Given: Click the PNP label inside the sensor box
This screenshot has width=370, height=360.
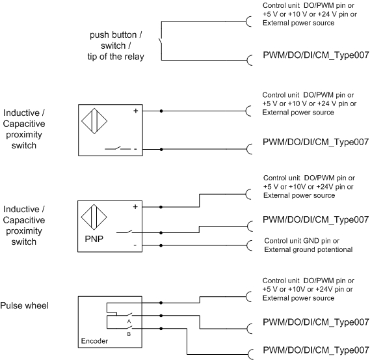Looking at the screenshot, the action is [x=94, y=239].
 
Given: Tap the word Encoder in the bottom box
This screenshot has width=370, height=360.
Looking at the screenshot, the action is [x=94, y=341].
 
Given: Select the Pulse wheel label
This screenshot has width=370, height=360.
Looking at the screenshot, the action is [x=24, y=305].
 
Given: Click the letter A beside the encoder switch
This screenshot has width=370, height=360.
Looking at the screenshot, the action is [x=129, y=321].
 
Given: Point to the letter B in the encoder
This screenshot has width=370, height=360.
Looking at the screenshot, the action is [x=129, y=334].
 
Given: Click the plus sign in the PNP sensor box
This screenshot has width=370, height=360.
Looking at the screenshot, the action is [x=135, y=207].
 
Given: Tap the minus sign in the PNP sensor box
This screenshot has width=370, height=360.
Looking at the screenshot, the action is [x=135, y=245].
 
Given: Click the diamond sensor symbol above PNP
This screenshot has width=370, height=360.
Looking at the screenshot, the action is [x=94, y=217].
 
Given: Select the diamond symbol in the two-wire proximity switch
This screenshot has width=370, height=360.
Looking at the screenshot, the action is [x=94, y=121].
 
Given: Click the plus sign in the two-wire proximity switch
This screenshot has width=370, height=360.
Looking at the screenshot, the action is [x=136, y=111].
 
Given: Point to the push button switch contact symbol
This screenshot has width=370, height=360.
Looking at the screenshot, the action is [x=161, y=42].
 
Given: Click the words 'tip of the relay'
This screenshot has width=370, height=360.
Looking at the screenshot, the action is [x=116, y=57].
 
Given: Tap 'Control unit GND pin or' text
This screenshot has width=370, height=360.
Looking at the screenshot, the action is [x=302, y=241].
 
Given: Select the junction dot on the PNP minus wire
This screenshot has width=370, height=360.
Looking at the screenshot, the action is [x=161, y=245].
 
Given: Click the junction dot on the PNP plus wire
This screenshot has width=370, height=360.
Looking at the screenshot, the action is [x=161, y=207].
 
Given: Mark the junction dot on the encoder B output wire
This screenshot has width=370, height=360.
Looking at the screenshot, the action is [x=161, y=328].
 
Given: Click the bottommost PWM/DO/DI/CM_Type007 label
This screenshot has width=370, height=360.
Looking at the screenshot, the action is [x=316, y=350].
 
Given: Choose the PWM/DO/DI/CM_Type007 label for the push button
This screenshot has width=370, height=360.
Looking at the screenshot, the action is [x=316, y=55].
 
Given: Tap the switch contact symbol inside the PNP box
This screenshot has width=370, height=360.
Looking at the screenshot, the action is [x=124, y=232].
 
